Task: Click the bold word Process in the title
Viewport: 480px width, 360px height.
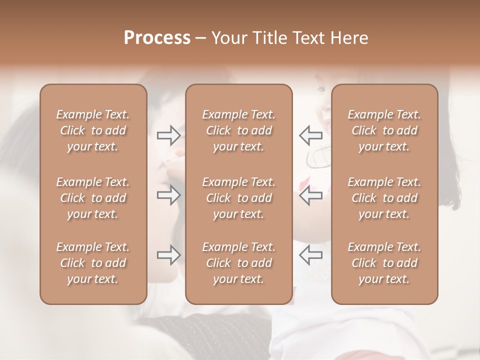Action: (157, 38)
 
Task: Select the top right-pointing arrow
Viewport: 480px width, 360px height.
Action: (168, 135)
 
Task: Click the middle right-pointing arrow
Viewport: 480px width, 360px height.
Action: (168, 195)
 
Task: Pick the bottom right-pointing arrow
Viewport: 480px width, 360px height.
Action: (168, 255)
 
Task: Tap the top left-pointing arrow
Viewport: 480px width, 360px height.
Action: (310, 135)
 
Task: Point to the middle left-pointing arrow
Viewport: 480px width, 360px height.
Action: (310, 195)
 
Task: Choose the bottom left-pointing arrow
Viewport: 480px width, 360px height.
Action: (310, 255)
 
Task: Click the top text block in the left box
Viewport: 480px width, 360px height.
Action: (93, 130)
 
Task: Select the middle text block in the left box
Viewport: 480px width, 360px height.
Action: (93, 198)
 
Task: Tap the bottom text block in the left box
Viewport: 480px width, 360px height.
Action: (93, 263)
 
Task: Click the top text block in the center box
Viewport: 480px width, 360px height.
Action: (239, 130)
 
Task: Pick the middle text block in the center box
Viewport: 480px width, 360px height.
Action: (239, 198)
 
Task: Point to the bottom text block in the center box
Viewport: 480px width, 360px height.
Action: (239, 263)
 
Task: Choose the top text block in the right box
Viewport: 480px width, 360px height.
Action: (384, 130)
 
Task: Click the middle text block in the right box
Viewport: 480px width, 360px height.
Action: (384, 198)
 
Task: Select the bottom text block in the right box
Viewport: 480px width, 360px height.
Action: (384, 263)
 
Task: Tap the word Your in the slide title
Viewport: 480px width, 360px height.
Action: (227, 38)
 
